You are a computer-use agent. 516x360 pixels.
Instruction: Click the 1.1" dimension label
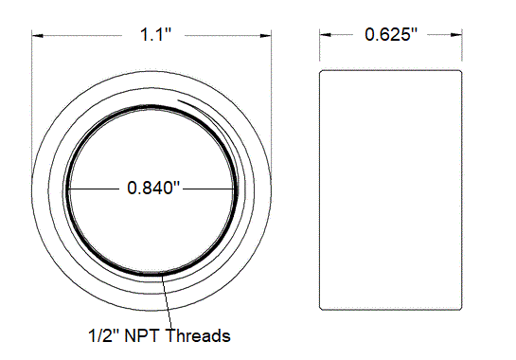153,35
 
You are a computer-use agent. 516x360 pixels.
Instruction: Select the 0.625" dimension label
391,35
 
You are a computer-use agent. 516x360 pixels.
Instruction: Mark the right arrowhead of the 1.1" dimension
269,36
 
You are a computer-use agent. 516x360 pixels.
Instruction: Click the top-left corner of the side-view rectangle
321,69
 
